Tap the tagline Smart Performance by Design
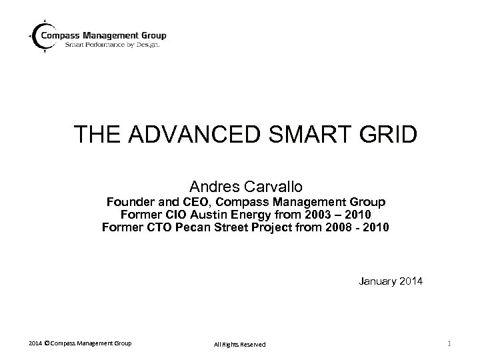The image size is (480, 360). pyautogui.click(x=112, y=46)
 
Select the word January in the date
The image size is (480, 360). pyautogui.click(x=377, y=282)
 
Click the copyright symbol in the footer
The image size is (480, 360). pyautogui.click(x=46, y=343)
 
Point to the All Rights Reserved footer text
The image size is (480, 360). pyautogui.click(x=239, y=344)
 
